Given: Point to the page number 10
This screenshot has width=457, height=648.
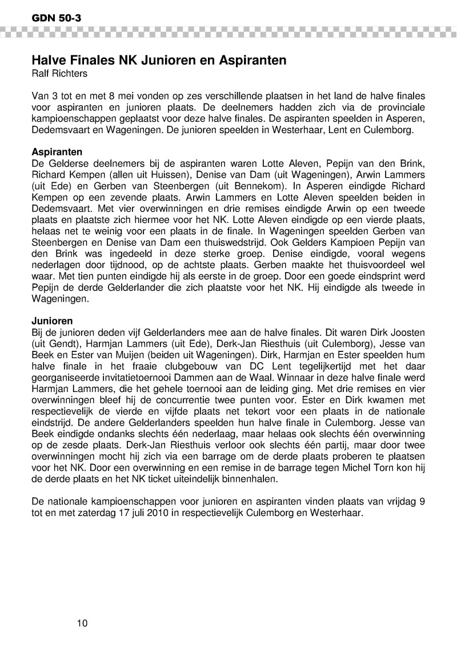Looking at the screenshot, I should point(82,623).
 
